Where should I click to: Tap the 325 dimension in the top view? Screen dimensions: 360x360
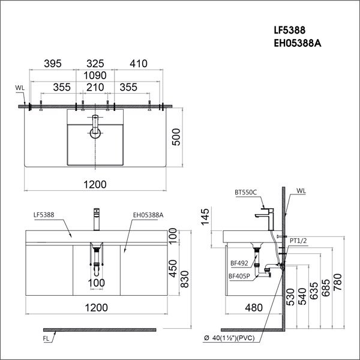[95, 62]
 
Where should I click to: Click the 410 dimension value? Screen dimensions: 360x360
[137, 62]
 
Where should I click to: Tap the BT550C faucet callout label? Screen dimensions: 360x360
[245, 193]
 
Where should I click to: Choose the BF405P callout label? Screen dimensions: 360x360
[239, 276]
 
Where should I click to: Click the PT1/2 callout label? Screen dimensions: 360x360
[298, 242]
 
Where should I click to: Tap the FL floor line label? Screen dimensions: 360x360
[46, 340]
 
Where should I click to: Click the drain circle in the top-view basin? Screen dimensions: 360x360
[94, 133]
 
